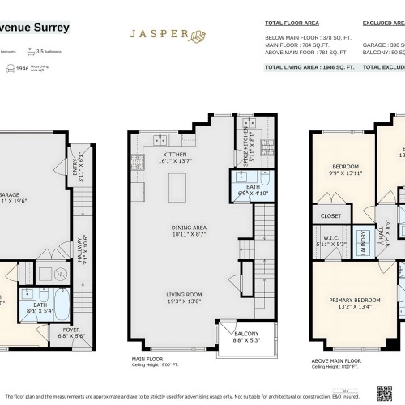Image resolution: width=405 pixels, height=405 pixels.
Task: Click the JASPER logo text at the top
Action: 157,36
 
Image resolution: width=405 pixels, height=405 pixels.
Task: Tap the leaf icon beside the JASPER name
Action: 196,36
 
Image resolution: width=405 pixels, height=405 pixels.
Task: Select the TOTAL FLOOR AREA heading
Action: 291,24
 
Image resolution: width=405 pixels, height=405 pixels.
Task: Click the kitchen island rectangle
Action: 175,187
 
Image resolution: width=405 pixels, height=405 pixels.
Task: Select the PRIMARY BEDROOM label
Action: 351,301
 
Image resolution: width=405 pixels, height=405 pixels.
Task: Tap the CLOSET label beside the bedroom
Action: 330,216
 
